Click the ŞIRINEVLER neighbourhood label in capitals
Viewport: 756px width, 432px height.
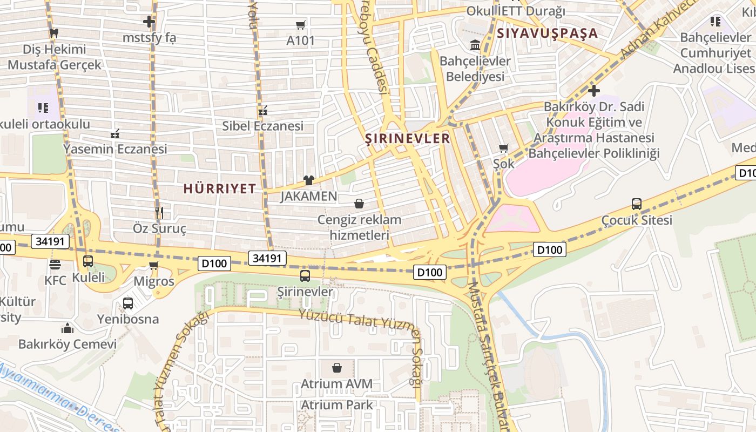tap(408, 139)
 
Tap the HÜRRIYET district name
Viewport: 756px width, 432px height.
tap(219, 189)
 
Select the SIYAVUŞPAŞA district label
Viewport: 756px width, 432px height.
tap(547, 33)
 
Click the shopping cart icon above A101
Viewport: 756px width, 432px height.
tap(301, 25)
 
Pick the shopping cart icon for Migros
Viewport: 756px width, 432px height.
tap(154, 265)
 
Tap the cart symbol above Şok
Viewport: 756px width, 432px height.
tap(504, 148)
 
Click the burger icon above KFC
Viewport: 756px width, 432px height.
tap(55, 265)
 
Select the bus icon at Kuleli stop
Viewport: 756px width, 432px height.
tap(87, 261)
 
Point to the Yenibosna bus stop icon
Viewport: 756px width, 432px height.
tap(128, 303)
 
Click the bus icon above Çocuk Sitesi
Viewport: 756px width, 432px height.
tap(637, 204)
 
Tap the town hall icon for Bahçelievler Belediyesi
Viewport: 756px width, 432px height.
tap(475, 45)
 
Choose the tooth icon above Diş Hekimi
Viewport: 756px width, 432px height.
tap(53, 32)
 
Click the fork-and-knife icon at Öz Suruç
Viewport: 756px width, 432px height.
tap(159, 213)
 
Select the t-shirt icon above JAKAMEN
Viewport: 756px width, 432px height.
tap(308, 180)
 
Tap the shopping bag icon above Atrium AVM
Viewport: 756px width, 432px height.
tap(337, 368)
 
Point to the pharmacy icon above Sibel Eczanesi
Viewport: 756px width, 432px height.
tap(263, 111)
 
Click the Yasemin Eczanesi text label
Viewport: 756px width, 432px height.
tap(115, 149)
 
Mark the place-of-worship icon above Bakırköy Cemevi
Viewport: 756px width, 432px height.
tap(67, 328)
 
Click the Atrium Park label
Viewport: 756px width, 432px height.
tap(337, 405)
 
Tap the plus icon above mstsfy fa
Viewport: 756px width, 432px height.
tap(149, 22)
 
